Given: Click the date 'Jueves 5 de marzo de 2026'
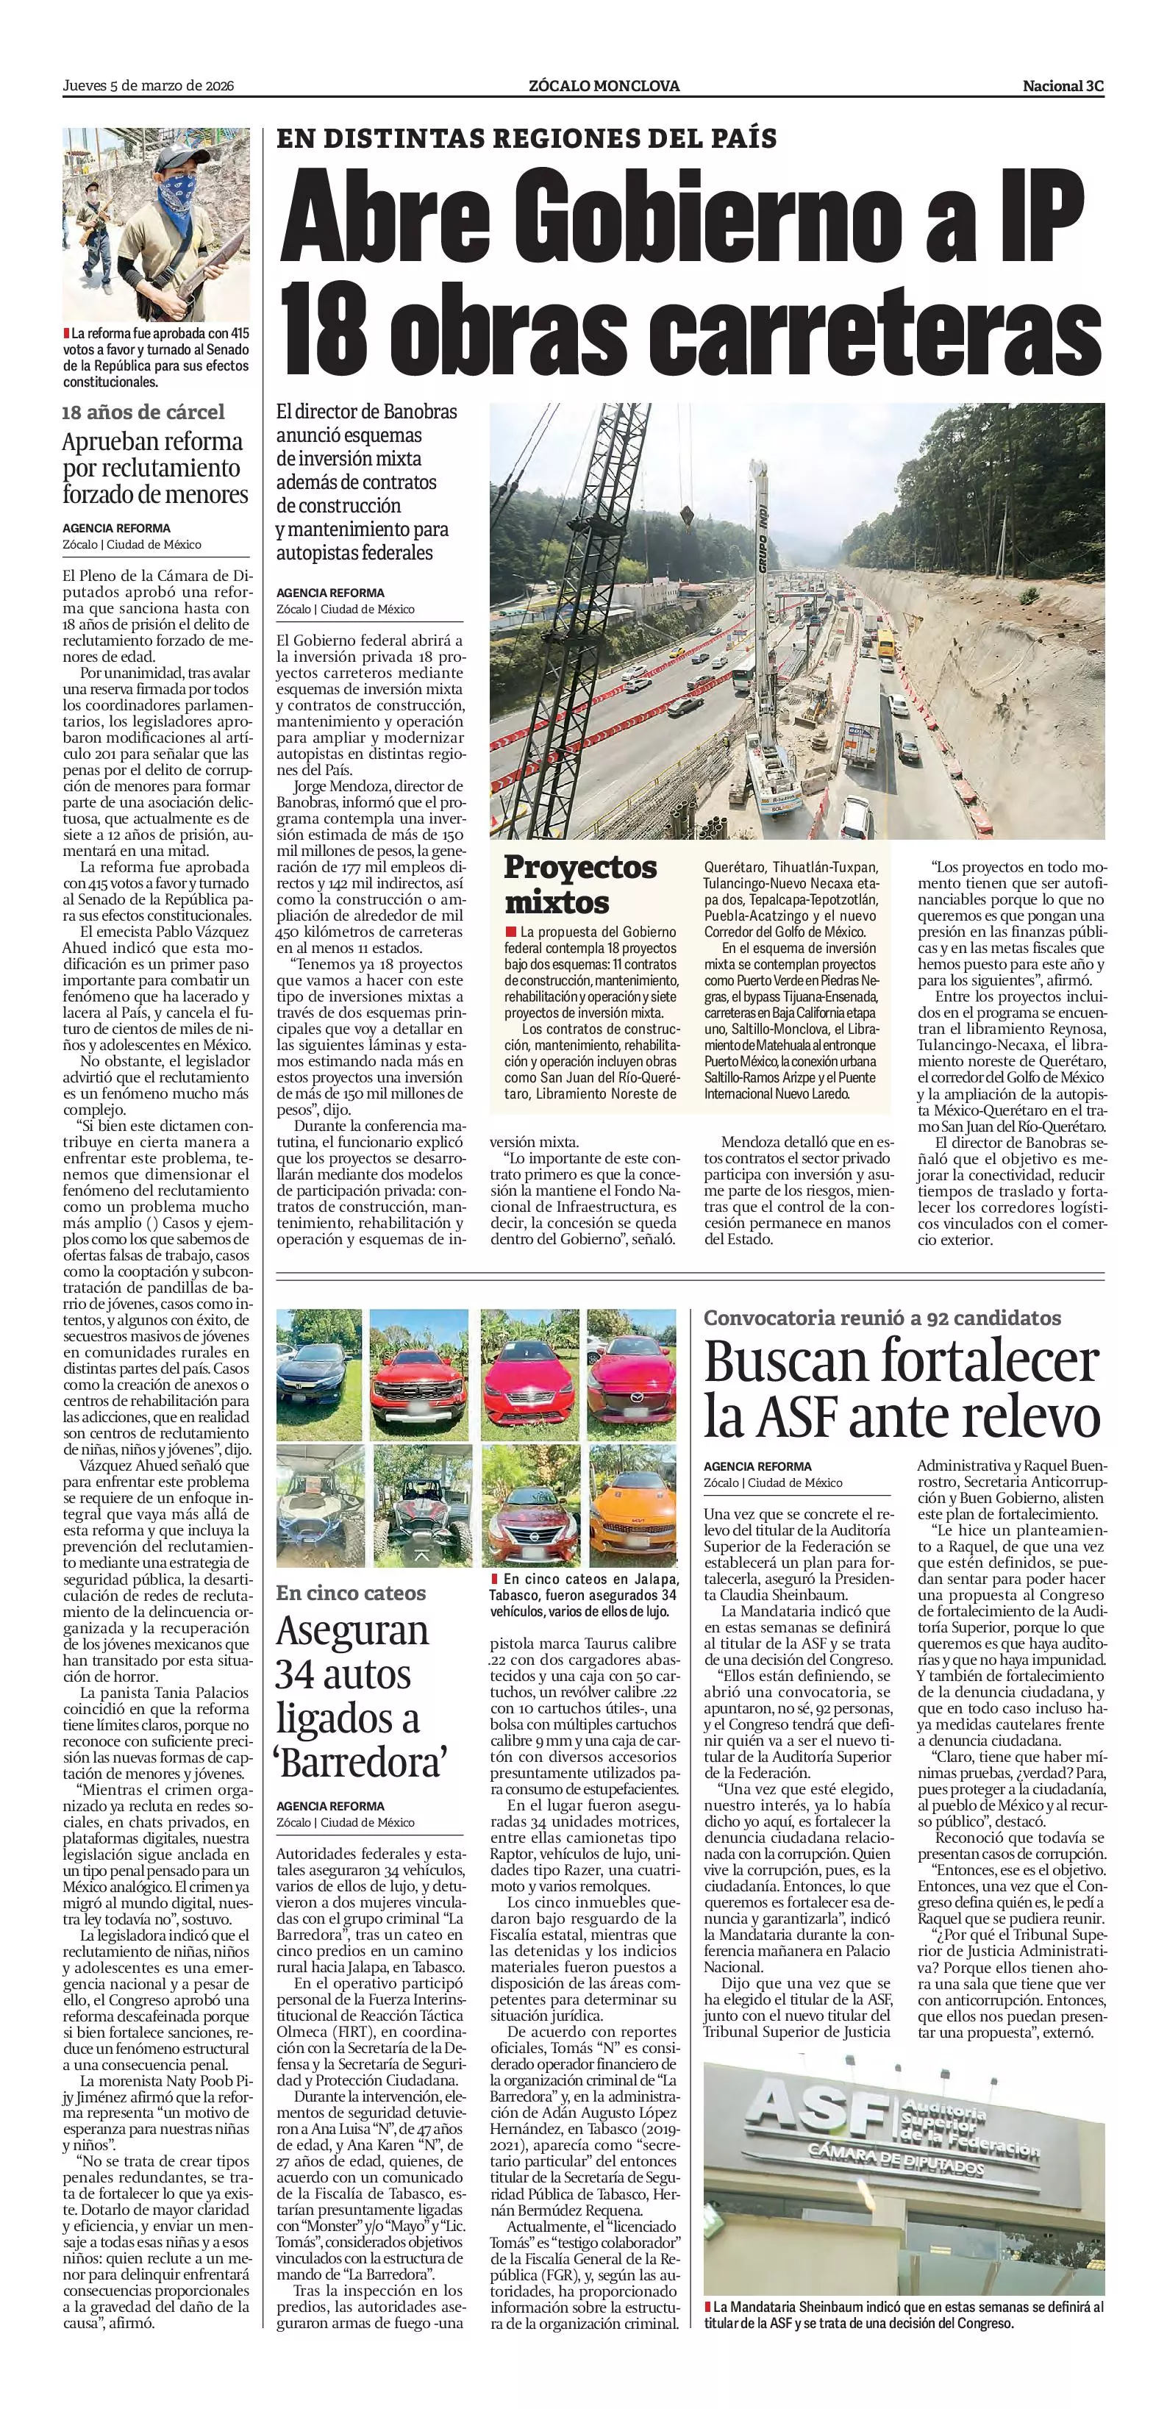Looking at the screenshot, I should [148, 86].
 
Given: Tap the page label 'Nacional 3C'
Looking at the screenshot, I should [1063, 86].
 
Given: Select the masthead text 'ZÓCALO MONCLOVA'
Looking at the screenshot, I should [604, 86].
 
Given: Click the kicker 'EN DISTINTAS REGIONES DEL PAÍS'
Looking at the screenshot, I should [527, 138].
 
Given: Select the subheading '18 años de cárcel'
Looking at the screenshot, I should [143, 412].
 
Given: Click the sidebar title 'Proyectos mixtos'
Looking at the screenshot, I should [568, 884].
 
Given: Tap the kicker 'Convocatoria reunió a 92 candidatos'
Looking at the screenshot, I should [882, 1318].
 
